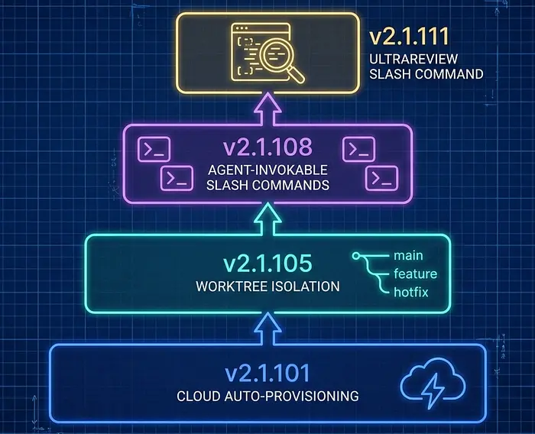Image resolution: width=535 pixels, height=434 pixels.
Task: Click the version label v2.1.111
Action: [409, 37]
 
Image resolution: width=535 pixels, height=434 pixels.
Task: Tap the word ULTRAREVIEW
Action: [413, 59]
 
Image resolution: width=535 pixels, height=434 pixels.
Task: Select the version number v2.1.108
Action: [267, 147]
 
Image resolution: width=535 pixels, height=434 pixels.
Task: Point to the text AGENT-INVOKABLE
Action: [267, 170]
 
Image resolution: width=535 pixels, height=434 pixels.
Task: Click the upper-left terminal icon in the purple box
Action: [154, 149]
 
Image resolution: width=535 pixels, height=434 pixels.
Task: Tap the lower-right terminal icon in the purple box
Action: [382, 178]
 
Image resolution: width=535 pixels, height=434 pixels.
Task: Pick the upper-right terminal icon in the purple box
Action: [359, 149]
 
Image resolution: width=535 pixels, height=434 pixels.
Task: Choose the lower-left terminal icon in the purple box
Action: [177, 178]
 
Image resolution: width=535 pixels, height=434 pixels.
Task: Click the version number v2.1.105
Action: [267, 263]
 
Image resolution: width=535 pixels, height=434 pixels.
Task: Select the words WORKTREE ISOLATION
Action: [267, 287]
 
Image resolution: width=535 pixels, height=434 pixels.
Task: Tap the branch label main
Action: [408, 255]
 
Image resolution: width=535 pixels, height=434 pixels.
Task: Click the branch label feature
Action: [416, 274]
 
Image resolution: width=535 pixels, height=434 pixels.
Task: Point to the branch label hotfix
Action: [411, 292]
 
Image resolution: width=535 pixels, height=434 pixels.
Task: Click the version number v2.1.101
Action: [267, 373]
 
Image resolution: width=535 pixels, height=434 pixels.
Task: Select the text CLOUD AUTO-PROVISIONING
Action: [267, 396]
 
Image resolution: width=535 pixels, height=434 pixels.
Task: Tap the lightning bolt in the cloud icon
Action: [432, 391]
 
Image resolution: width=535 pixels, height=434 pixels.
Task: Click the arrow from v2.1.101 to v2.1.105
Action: [267, 329]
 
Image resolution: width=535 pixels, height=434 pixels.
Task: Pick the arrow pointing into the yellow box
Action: [267, 108]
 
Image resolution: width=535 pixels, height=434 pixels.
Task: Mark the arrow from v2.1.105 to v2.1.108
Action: [267, 219]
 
